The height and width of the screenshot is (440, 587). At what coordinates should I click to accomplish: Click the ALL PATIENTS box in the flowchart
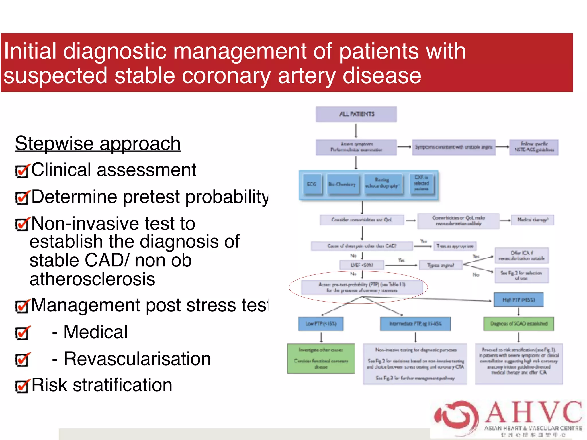coord(356,114)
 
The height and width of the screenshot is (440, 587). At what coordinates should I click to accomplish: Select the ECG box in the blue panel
coord(312,184)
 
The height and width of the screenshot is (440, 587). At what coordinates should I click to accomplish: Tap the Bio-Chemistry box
coord(342,184)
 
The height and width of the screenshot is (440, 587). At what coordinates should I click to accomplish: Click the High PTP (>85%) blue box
coord(518,300)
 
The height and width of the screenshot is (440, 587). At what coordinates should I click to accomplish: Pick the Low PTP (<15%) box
coord(321,324)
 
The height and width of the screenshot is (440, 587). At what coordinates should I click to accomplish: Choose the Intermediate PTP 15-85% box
coord(415,324)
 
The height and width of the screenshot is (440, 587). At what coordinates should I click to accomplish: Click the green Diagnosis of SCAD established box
coord(518,324)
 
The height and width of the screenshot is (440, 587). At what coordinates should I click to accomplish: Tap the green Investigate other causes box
coord(321,358)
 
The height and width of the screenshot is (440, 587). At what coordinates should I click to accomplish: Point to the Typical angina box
coord(441,265)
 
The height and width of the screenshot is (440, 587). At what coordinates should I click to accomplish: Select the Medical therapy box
coord(533,220)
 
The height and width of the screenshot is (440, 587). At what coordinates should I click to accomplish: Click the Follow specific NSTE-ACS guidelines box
coord(534,147)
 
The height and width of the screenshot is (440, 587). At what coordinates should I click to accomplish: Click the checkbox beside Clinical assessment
coord(22,171)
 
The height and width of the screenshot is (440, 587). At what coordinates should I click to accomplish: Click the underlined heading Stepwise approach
coord(98,143)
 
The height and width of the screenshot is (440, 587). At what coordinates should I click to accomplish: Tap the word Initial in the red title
coord(30,51)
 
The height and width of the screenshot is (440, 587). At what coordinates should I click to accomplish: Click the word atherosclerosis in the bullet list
coord(92,279)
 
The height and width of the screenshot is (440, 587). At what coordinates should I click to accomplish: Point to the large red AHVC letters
coord(533,412)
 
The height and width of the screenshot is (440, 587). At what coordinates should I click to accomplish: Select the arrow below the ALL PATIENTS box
coord(356,131)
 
